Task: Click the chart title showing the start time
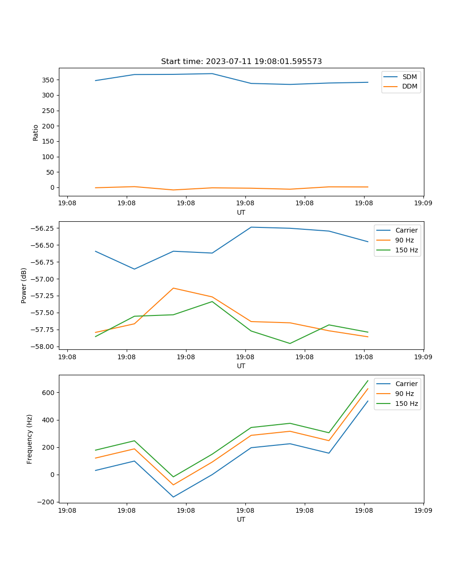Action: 241,62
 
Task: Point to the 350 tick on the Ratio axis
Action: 49,80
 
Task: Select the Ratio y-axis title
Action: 36,132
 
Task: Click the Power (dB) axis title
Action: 24,285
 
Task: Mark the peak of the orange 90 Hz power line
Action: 173,288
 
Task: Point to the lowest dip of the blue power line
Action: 135,269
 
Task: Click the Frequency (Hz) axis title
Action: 30,439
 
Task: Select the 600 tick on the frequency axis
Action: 49,393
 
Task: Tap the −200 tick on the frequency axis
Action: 47,502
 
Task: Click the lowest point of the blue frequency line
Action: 173,497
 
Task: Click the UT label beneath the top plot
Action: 241,212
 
